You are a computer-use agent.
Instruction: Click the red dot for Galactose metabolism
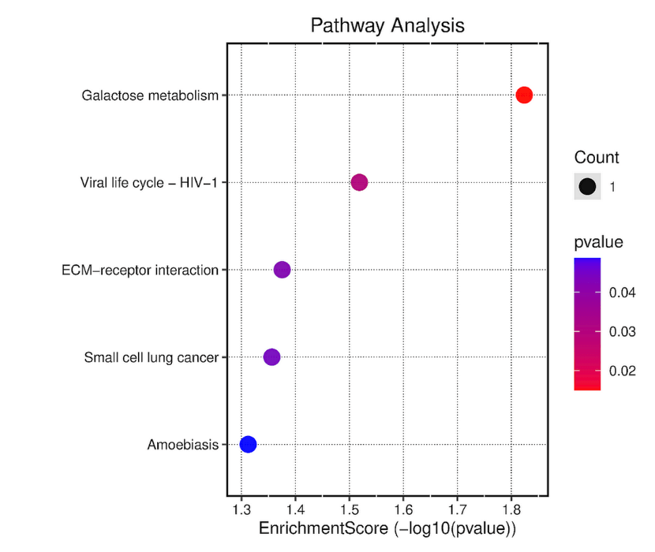click(x=524, y=95)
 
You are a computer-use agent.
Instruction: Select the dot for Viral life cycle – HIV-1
click(x=359, y=183)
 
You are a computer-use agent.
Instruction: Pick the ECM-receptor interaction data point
click(x=282, y=270)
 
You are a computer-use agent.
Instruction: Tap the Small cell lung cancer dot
click(x=271, y=357)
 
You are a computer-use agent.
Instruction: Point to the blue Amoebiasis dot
click(x=248, y=445)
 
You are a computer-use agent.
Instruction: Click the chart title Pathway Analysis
click(x=387, y=25)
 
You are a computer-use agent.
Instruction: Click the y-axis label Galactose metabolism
click(x=150, y=96)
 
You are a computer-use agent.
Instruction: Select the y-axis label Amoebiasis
click(x=182, y=446)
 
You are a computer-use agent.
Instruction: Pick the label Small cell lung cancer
click(x=151, y=358)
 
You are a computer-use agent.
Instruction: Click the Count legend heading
click(x=597, y=158)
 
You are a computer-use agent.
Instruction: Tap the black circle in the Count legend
click(x=587, y=187)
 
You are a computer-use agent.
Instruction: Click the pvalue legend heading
click(x=599, y=242)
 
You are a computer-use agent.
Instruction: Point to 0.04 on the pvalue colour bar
click(x=622, y=293)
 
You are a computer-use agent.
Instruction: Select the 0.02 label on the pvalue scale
click(x=622, y=370)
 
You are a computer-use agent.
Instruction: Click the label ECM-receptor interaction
click(x=140, y=270)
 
